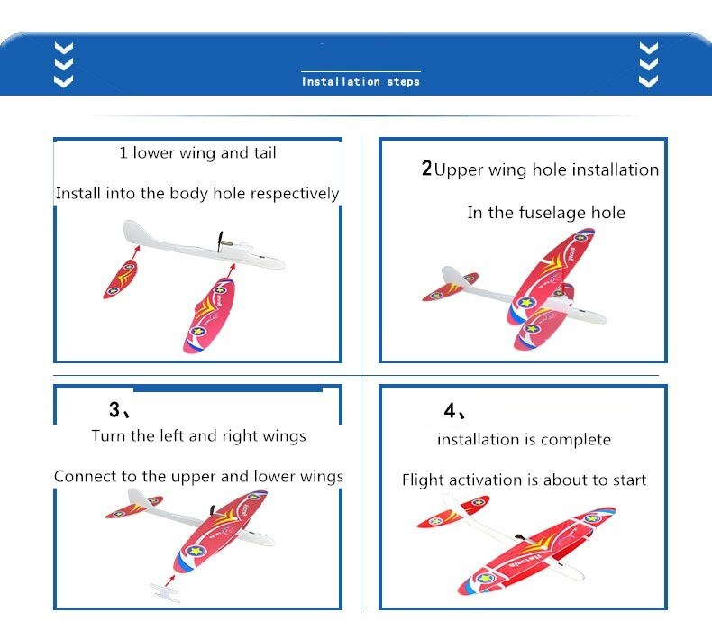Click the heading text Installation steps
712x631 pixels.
361,81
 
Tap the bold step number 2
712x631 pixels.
426,168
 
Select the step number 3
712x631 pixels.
114,409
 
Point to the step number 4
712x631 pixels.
450,411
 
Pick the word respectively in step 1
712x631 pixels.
295,194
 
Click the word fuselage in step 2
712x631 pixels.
552,213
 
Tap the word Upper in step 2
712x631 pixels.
459,170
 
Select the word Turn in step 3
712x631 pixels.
109,435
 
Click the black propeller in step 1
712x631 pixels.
220,242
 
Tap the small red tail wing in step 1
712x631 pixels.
121,279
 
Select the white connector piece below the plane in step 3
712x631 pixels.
164,593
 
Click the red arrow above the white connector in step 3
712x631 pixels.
170,581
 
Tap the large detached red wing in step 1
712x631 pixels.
209,315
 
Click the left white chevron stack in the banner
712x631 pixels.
64,65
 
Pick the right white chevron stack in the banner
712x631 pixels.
648,65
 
